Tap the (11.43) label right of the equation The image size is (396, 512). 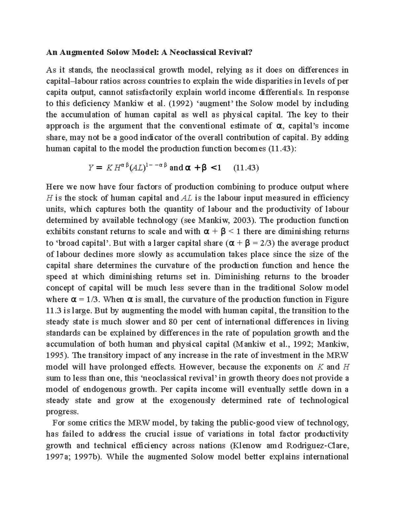(246, 168)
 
